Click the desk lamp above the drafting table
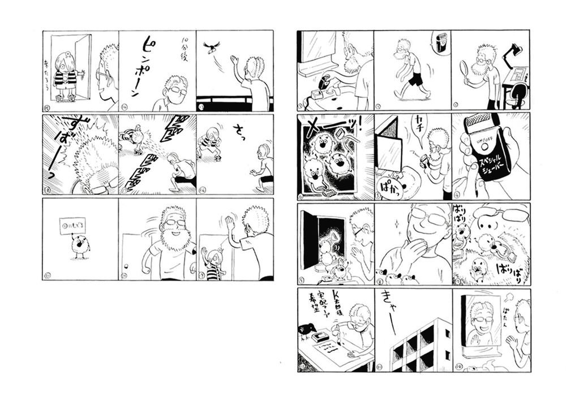pyautogui.click(x=516, y=49)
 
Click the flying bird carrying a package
pyautogui.click(x=212, y=47)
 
